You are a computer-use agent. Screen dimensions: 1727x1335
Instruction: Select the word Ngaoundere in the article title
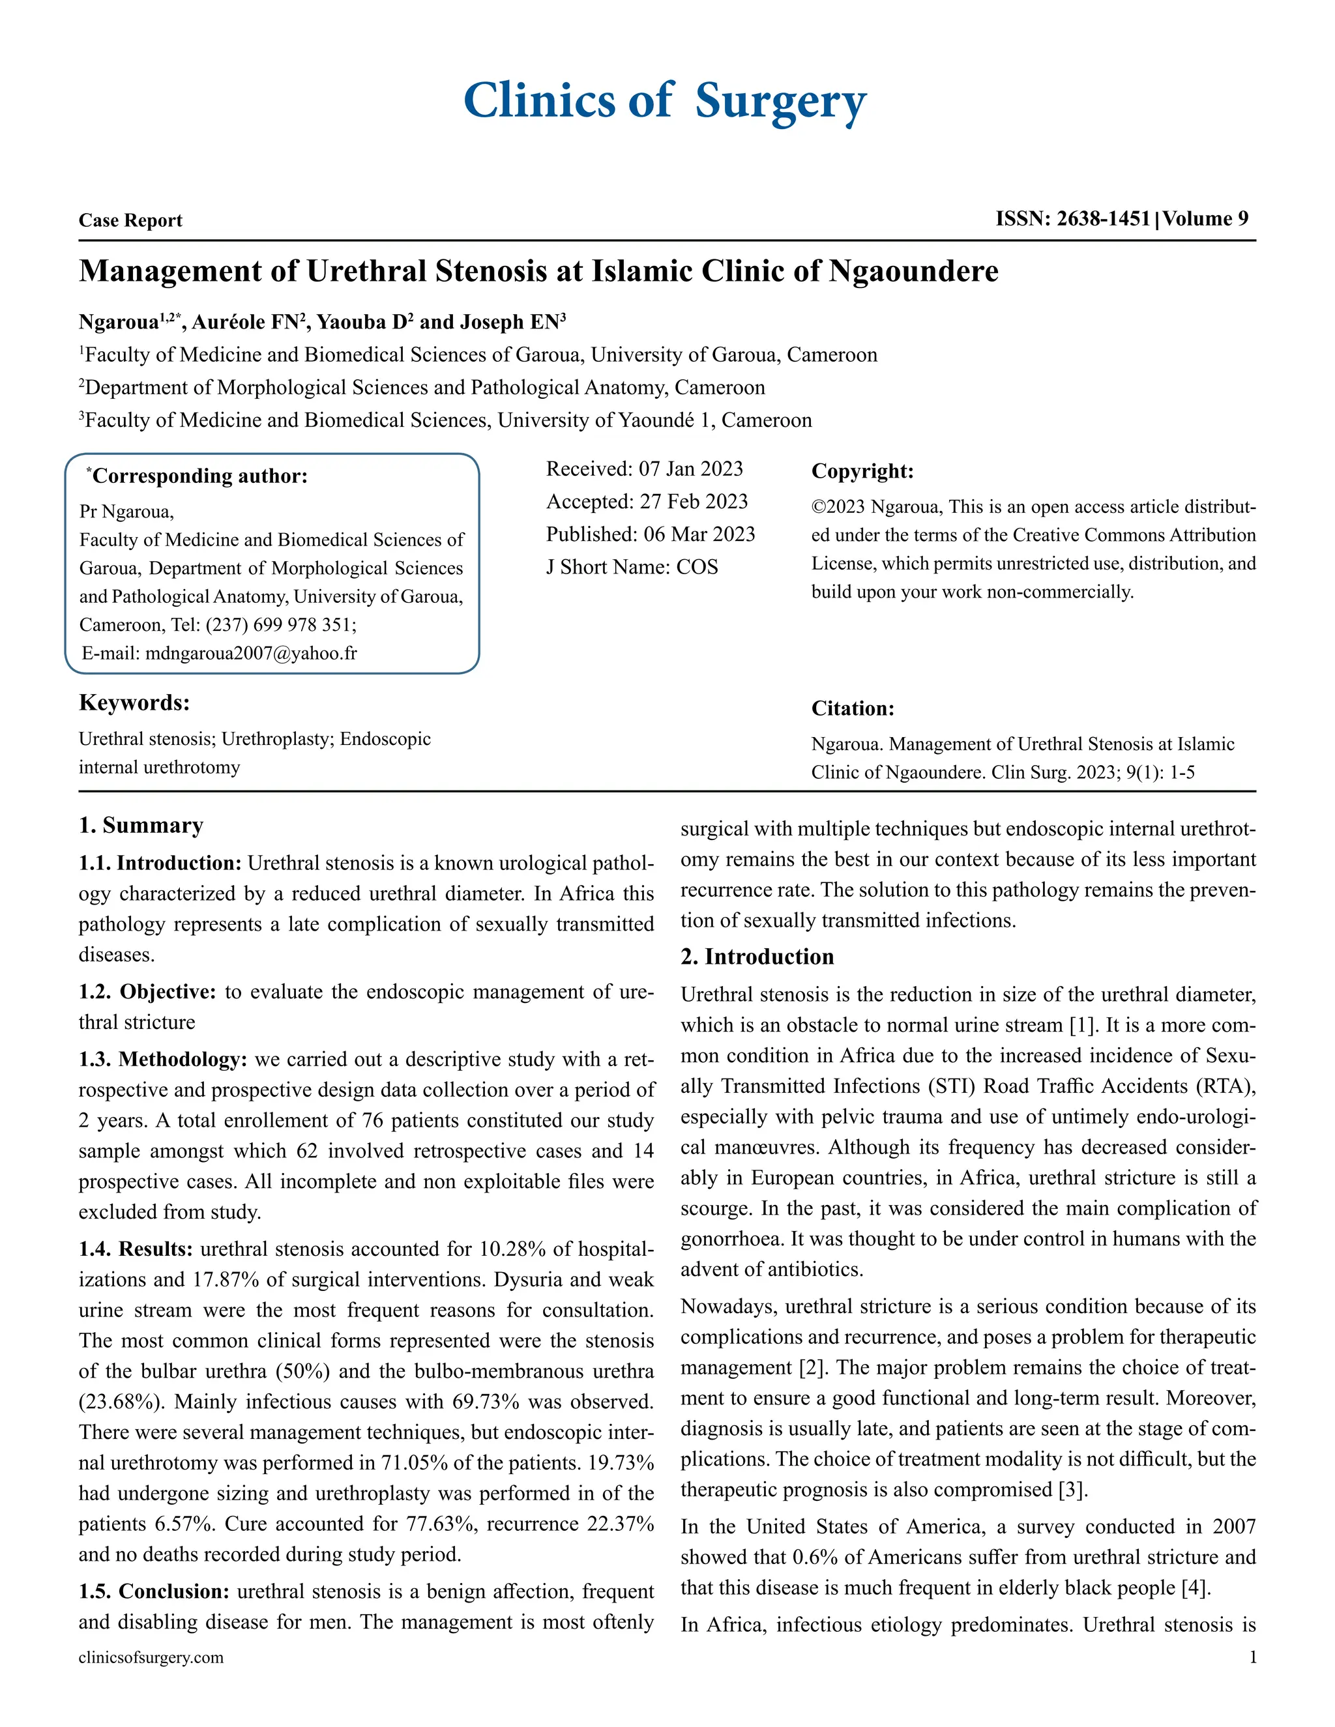click(x=913, y=271)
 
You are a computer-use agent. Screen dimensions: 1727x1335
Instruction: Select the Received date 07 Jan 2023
click(x=690, y=469)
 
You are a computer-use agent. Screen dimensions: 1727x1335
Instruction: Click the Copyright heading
click(x=862, y=471)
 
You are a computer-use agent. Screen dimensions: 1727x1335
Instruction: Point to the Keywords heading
click(x=134, y=702)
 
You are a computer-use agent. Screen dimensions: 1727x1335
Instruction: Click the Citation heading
click(x=853, y=708)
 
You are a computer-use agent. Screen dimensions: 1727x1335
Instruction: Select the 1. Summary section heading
click(x=141, y=826)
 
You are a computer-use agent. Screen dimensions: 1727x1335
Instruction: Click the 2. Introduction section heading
click(x=757, y=957)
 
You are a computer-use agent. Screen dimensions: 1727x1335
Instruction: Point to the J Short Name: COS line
click(x=632, y=567)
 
